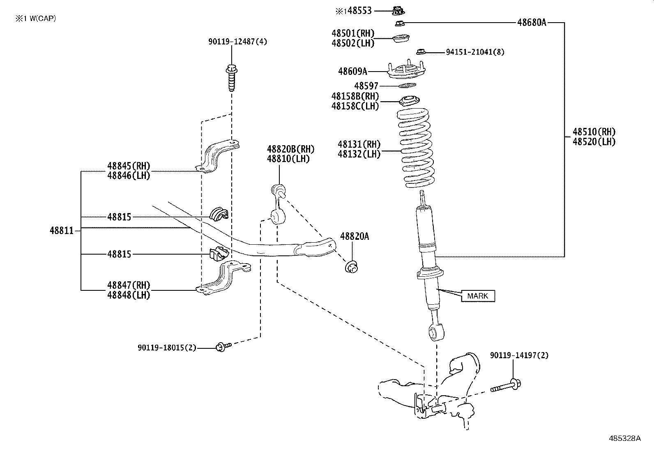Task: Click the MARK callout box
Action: (478, 296)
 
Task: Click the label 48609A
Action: (352, 72)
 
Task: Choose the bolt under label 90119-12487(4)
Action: (231, 78)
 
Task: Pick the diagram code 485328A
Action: (624, 438)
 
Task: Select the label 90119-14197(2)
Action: (519, 355)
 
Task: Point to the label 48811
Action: (62, 231)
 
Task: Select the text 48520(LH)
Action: (594, 142)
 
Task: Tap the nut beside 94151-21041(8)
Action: (420, 51)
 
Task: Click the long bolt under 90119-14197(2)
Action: (506, 386)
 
